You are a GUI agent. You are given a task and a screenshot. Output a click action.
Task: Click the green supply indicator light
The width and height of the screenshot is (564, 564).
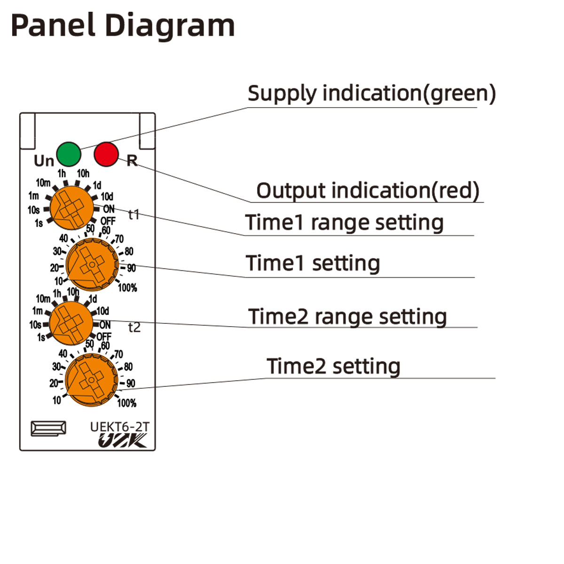pyautogui.click(x=69, y=153)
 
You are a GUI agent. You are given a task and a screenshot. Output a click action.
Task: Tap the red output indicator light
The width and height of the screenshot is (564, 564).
pyautogui.click(x=106, y=154)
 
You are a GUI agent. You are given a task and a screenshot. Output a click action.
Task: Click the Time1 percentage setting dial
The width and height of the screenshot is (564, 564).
pyautogui.click(x=92, y=264)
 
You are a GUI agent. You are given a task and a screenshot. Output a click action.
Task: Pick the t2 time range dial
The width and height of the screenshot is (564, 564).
pyautogui.click(x=71, y=323)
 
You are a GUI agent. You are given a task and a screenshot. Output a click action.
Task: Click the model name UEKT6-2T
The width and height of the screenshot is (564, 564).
pyautogui.click(x=119, y=427)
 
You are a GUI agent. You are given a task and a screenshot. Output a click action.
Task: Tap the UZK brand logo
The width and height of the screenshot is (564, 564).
pyautogui.click(x=122, y=441)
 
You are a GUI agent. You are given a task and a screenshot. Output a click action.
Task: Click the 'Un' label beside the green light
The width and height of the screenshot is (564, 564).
pyautogui.click(x=44, y=161)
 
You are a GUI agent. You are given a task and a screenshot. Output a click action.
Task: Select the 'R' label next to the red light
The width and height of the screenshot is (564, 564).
pyautogui.click(x=132, y=161)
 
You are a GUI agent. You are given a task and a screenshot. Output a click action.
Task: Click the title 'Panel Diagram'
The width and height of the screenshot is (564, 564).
pyautogui.click(x=123, y=25)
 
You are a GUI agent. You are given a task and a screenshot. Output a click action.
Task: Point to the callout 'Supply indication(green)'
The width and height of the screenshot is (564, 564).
pyautogui.click(x=371, y=93)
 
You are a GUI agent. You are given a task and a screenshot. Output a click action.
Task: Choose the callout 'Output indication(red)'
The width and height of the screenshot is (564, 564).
pyautogui.click(x=368, y=190)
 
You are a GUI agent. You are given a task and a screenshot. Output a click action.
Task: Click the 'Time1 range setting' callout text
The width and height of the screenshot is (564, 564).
pyautogui.click(x=344, y=222)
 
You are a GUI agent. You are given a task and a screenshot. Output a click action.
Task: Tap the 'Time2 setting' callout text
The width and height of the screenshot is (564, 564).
pyautogui.click(x=333, y=366)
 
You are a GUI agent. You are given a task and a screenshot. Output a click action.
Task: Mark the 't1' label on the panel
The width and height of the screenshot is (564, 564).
pyautogui.click(x=134, y=215)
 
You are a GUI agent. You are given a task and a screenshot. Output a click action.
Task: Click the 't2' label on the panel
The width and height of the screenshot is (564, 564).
pyautogui.click(x=134, y=327)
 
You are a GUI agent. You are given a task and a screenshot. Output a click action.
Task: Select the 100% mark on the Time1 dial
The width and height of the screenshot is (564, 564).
pyautogui.click(x=127, y=288)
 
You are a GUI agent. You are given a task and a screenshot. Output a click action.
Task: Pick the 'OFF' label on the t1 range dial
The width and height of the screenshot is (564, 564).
pyautogui.click(x=108, y=220)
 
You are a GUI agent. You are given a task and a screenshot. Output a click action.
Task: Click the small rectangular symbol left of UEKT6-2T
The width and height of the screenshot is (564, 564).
pyautogui.click(x=48, y=428)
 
